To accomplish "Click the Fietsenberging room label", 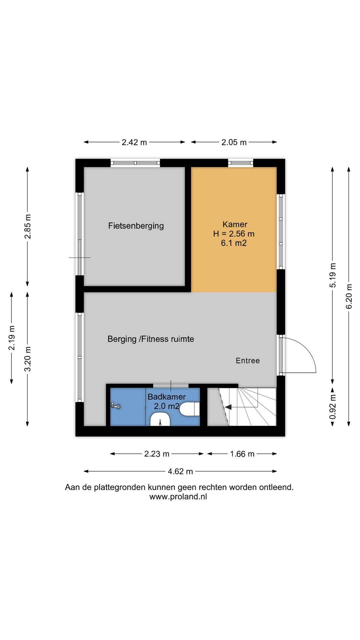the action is (136, 226).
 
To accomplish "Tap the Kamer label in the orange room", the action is (235, 224).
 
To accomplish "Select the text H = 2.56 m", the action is (234, 234).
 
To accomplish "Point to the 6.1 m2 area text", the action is (234, 243).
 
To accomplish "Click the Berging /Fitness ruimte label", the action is (151, 339).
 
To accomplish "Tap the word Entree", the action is (248, 360).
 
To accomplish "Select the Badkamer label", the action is (167, 397).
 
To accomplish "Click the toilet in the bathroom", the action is (190, 409).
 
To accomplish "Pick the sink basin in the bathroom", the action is (160, 420).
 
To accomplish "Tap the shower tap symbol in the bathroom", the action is (116, 406).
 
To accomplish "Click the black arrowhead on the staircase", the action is (228, 407).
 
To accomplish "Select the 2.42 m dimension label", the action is (134, 142).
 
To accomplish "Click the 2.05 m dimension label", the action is (234, 142).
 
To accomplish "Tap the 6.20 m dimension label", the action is (349, 296).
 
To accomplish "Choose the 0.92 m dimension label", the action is (332, 407).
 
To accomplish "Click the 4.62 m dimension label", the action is (180, 471).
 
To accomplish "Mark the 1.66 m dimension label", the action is (242, 454).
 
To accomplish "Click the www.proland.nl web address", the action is (178, 497).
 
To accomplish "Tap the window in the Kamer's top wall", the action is (241, 163).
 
